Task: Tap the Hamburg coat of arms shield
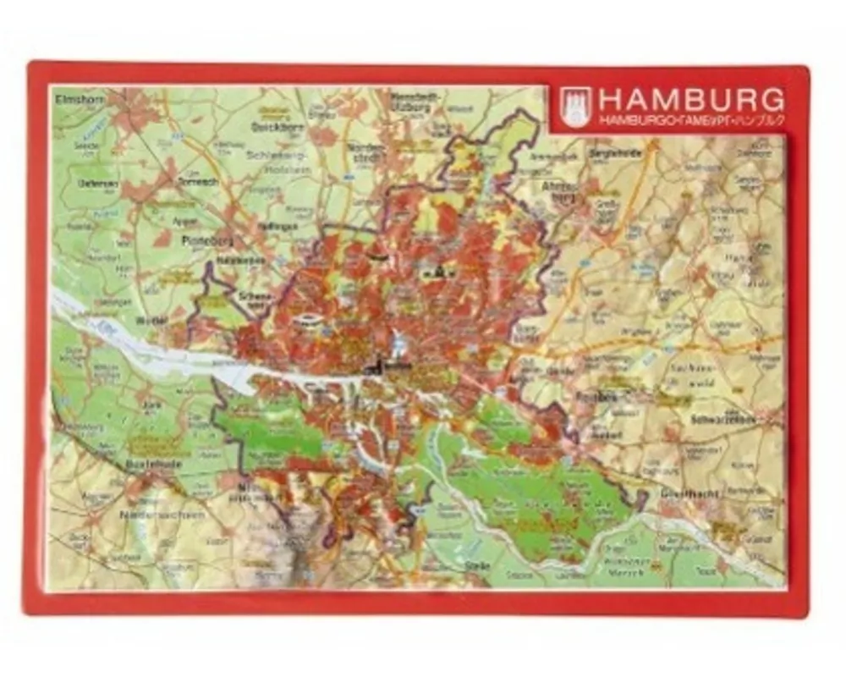tap(575, 107)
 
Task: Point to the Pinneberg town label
tap(201, 240)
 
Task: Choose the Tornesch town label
tap(201, 182)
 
